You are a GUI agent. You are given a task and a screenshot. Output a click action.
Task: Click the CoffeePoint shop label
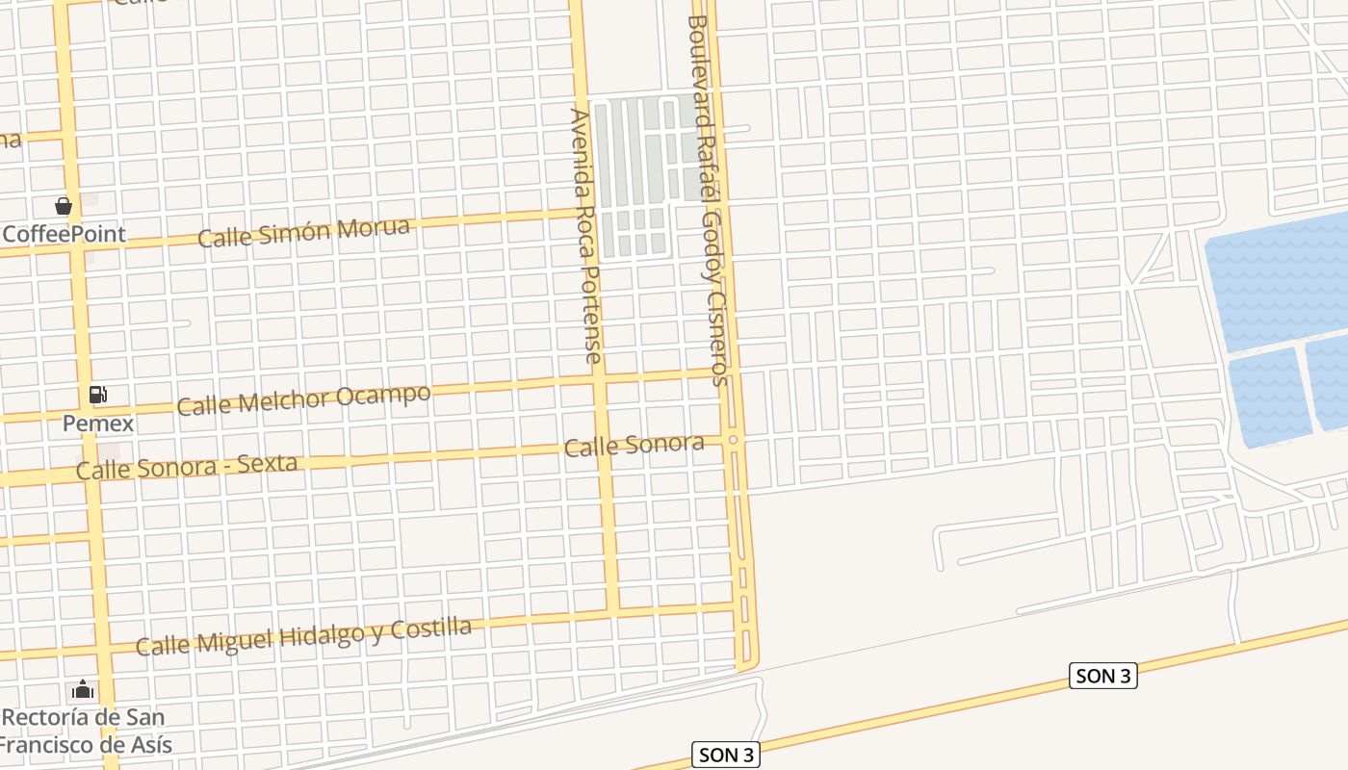click(65, 234)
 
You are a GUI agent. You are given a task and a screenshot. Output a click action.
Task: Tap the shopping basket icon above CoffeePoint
click(64, 206)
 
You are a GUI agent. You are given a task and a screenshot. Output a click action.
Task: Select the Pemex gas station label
click(98, 423)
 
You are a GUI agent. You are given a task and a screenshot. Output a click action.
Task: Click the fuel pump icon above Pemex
click(97, 395)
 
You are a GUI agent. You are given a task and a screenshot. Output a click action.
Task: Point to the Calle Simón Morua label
click(304, 232)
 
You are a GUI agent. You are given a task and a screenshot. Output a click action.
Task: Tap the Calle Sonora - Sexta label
click(187, 467)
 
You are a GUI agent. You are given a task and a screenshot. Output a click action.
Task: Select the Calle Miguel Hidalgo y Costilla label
click(304, 636)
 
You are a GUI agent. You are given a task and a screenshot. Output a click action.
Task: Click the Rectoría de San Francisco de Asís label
click(85, 731)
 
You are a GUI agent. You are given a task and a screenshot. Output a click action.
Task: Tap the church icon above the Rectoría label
click(84, 690)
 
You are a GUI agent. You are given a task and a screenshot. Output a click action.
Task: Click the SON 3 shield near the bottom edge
click(726, 756)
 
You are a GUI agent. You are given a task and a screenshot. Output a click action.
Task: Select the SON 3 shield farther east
click(1103, 676)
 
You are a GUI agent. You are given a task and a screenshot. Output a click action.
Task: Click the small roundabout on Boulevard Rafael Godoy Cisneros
click(734, 440)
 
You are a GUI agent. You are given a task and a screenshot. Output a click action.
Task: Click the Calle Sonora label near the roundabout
click(634, 446)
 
